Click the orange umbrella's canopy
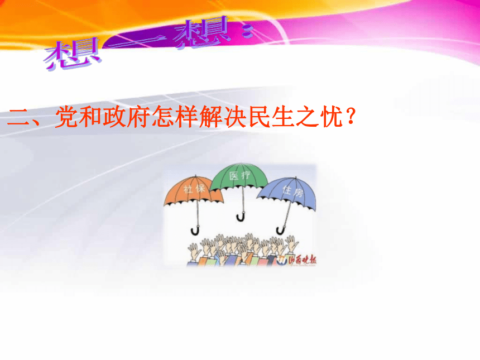coord(187,193)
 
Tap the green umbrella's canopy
coord(241,178)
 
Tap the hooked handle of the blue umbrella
coord(281,229)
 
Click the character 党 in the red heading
coord(66,118)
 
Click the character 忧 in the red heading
coord(330,118)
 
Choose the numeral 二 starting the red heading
coord(19,118)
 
